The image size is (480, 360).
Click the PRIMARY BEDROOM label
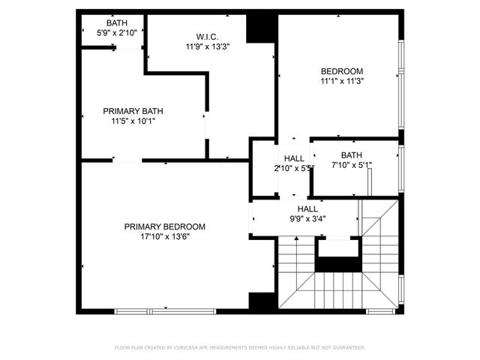[x=164, y=226]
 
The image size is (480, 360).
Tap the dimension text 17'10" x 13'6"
[x=164, y=237]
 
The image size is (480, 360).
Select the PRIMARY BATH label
[x=133, y=111]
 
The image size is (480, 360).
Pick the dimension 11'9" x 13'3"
[x=208, y=46]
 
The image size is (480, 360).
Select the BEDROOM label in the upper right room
[x=342, y=71]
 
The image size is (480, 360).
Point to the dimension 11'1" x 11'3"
[x=342, y=82]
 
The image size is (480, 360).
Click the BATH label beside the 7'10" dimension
[x=351, y=155]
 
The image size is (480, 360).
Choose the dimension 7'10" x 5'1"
[x=352, y=165]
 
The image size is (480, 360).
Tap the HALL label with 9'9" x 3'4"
[x=307, y=209]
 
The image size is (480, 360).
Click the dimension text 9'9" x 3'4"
[x=307, y=219]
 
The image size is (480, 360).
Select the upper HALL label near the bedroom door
[x=294, y=158]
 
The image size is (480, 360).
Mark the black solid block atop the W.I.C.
[x=262, y=28]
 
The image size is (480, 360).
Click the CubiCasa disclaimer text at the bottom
[x=239, y=348]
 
